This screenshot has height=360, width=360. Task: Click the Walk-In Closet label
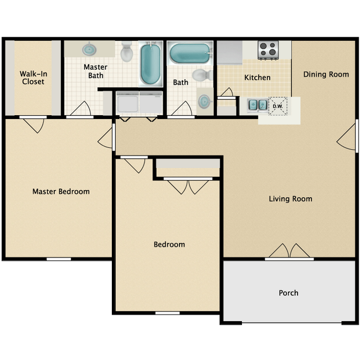coord(32,78)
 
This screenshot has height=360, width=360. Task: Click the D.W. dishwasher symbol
coord(276,105)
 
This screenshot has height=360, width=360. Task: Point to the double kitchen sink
coord(255,105)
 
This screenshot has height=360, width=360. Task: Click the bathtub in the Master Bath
coord(150,64)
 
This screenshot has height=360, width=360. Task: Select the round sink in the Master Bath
coord(90,49)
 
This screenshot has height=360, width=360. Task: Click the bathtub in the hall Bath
coord(189,54)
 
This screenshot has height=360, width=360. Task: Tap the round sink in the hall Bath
coord(204,101)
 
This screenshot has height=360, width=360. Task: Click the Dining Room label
coord(326,74)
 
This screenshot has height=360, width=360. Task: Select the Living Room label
coord(290,199)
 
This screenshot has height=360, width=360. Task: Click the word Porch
coord(289,293)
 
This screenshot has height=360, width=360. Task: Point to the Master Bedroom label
coord(61,192)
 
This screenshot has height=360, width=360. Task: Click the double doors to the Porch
coord(289,252)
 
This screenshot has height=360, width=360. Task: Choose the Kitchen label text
coord(258,78)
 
